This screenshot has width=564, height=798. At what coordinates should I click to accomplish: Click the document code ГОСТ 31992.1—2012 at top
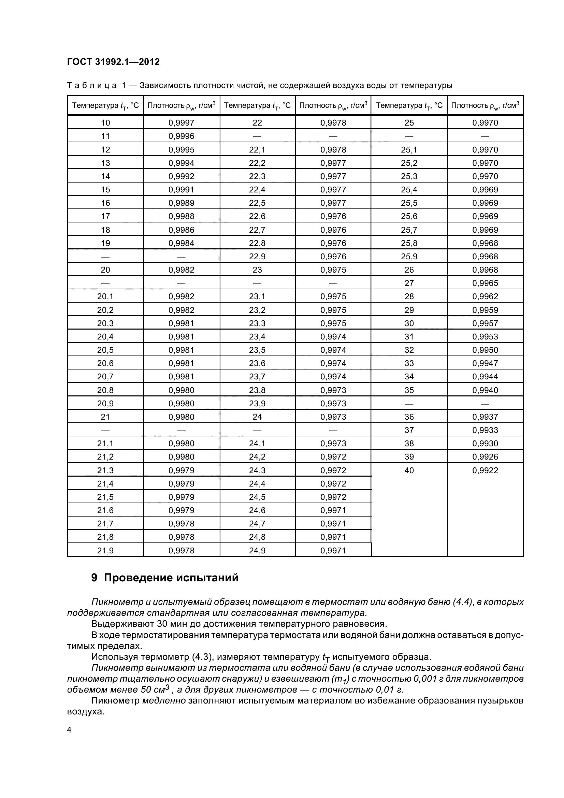(113, 62)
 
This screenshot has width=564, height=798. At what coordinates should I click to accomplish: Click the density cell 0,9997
(181, 123)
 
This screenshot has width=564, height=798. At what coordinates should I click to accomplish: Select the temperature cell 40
(409, 470)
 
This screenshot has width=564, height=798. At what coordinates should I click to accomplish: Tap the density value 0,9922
(485, 470)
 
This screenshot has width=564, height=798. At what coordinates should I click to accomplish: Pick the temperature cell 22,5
(257, 203)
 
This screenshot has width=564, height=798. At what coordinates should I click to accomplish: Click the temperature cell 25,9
(409, 257)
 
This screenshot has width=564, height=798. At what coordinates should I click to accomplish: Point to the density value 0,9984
(181, 243)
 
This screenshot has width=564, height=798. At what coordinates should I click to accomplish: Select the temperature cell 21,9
(105, 551)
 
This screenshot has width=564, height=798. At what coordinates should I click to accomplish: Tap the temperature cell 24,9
(257, 551)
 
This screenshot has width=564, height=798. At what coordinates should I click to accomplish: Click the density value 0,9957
(485, 323)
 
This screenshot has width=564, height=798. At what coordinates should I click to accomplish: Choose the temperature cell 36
(409, 417)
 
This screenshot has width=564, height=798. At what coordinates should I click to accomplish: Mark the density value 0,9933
(485, 430)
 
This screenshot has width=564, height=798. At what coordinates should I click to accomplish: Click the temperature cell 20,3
(105, 323)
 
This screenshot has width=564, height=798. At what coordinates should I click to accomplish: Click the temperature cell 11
(105, 136)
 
